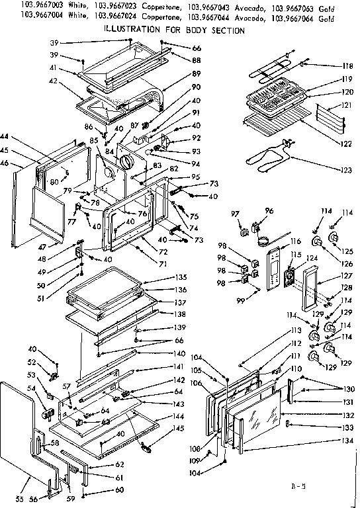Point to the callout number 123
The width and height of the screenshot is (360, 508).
pos(345,170)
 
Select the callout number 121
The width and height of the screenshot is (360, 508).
pos(345,106)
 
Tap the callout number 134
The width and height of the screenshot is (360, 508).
pos(345,441)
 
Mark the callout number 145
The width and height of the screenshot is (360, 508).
pos(179,428)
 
